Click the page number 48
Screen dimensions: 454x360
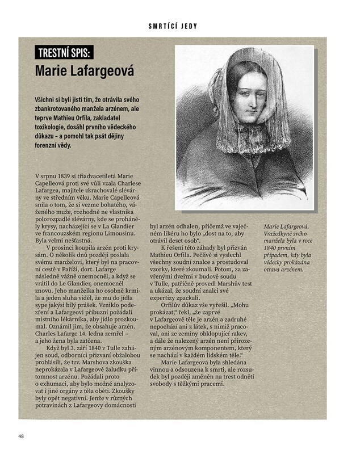tap(21, 436)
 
